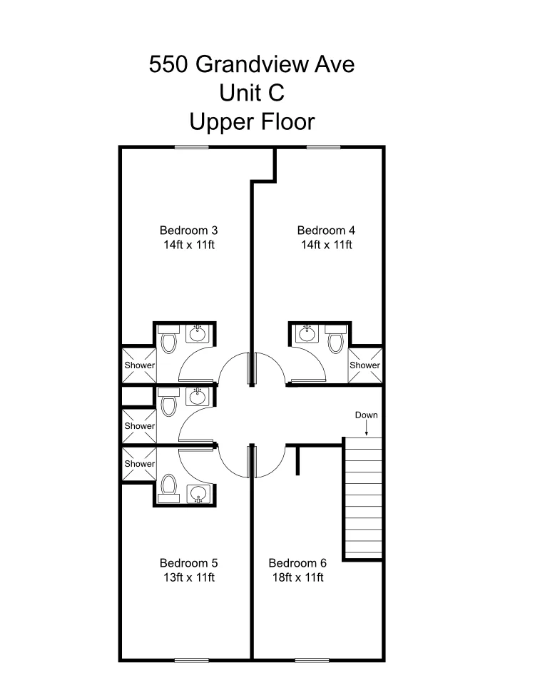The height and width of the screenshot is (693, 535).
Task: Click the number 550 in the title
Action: pos(168,64)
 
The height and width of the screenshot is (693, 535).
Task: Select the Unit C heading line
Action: pos(251,93)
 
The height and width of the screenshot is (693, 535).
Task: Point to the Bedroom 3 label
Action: pos(188,231)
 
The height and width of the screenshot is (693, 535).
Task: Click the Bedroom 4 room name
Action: pos(326,231)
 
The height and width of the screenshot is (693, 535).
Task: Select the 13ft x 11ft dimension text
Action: pos(189,577)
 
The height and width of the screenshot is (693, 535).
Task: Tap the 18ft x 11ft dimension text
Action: pos(298,577)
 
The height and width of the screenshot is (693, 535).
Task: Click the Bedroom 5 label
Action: pos(188,563)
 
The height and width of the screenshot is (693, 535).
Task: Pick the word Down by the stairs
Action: pos(366,415)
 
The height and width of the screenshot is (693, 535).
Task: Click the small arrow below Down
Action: pos(366,428)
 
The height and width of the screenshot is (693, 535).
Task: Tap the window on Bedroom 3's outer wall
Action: pos(191,147)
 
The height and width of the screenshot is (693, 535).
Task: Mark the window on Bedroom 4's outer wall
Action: pos(323,147)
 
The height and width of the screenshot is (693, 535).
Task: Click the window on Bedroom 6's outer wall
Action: pos(312,660)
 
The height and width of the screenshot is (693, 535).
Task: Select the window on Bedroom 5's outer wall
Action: pos(191,660)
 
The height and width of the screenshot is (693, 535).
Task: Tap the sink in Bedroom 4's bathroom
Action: pos(307,333)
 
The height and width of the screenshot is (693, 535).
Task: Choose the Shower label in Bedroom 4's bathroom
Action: pos(365,365)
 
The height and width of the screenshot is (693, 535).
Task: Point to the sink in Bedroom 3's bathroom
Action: pos(197,333)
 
